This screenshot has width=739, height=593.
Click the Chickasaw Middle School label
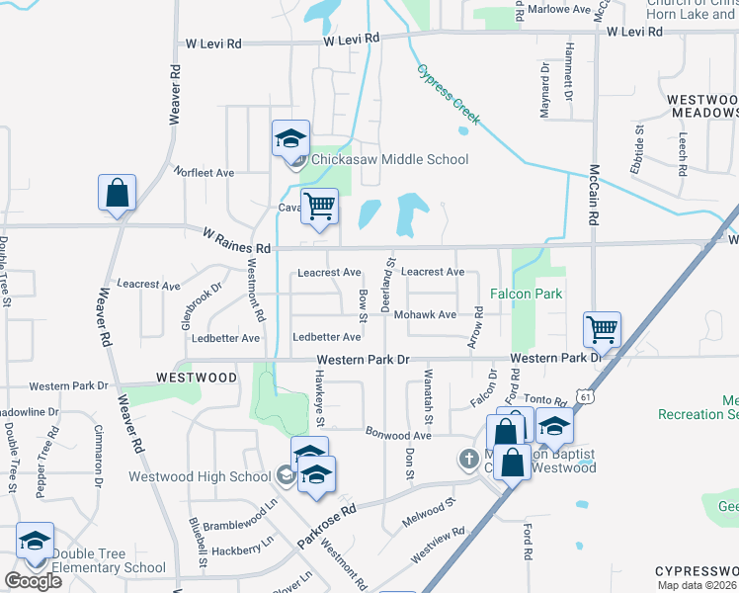click(x=390, y=159)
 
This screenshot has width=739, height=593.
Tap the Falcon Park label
click(x=526, y=294)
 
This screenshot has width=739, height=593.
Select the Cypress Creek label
click(x=448, y=95)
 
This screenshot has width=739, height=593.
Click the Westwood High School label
click(x=200, y=476)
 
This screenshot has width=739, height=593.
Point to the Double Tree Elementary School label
click(x=109, y=560)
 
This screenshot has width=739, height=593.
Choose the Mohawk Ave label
click(x=425, y=315)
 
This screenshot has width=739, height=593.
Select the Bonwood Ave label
click(x=399, y=435)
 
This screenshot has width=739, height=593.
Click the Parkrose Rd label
click(x=326, y=529)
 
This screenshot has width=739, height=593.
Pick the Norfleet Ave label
click(x=205, y=172)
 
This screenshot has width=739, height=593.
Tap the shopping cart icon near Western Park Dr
click(x=602, y=330)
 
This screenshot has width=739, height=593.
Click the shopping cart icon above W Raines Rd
click(x=319, y=206)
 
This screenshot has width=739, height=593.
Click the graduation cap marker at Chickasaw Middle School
click(x=290, y=137)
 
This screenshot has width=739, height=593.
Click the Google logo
click(x=33, y=580)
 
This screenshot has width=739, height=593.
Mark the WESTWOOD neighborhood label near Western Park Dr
click(x=196, y=378)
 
